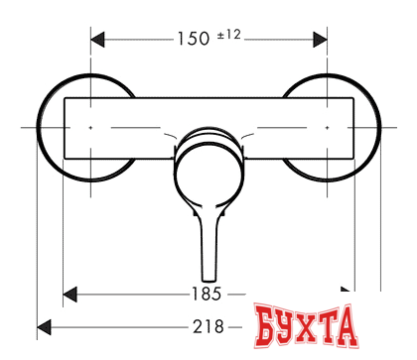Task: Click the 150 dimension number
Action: (194, 39)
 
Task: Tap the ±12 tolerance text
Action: (229, 35)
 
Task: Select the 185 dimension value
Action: (207, 294)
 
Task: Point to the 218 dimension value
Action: (208, 327)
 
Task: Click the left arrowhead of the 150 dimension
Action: (97, 40)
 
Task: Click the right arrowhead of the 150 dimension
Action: (320, 40)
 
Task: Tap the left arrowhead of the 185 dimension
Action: (69, 295)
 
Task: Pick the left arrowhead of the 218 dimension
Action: (44, 327)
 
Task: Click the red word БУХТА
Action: (306, 325)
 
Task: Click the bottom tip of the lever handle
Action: (209, 281)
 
